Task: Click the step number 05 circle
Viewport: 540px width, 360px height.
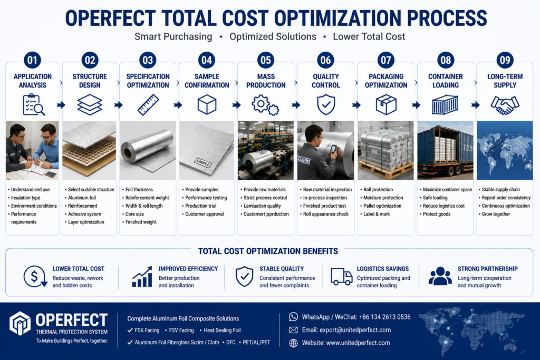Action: tap(266, 60)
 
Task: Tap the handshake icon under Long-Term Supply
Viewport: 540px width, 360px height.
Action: tap(505, 105)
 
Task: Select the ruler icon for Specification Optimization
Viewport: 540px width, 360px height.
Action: tap(148, 105)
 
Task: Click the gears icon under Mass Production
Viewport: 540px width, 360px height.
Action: tap(265, 105)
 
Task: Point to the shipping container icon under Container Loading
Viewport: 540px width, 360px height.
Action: tap(445, 105)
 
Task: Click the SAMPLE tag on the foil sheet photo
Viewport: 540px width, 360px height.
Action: tap(203, 162)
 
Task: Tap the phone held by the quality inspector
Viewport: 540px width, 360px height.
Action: tap(333, 149)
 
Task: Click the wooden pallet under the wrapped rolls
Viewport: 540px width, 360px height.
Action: tap(385, 169)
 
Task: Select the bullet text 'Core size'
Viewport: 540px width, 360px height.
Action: tap(134, 214)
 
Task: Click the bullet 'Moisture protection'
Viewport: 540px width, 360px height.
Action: tap(383, 198)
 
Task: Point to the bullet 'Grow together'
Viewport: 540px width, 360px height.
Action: tap(496, 214)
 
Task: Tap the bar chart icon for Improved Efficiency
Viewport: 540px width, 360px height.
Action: tap(142, 277)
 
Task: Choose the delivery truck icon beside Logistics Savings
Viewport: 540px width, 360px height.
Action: tap(341, 277)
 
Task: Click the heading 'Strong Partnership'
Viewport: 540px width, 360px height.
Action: tap(488, 269)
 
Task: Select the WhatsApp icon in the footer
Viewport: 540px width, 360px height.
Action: tap(293, 317)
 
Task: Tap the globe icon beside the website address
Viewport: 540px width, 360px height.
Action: tap(293, 343)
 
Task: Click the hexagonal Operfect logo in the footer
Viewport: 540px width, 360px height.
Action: tap(20, 323)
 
